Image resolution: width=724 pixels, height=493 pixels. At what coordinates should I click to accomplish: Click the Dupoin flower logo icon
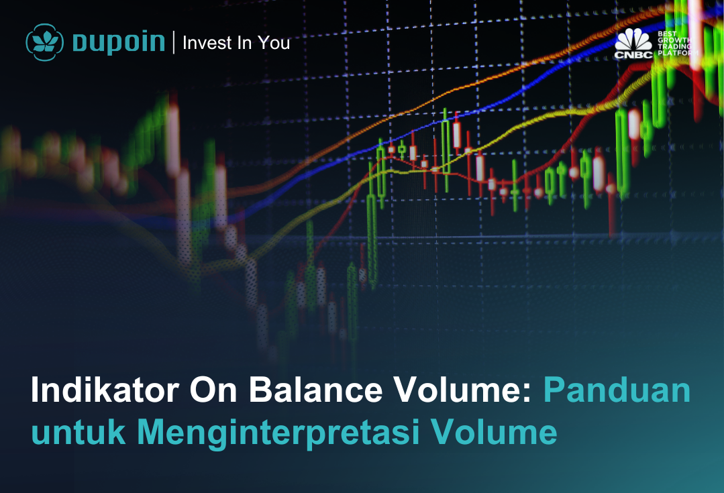[x=44, y=42]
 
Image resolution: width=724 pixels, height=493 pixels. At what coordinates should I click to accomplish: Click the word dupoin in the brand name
[x=119, y=42]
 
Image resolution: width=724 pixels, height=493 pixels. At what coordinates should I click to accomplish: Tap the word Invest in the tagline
[x=207, y=42]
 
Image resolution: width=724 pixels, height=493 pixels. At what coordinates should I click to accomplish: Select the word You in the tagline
[x=274, y=42]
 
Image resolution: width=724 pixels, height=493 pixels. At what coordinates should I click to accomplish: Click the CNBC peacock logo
[x=633, y=43]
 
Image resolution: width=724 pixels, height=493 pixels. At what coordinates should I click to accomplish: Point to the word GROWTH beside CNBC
[x=675, y=40]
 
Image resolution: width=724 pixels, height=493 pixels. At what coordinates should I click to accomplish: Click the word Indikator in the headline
[x=105, y=390]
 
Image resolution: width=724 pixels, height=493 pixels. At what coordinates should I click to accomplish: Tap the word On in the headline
[x=213, y=390]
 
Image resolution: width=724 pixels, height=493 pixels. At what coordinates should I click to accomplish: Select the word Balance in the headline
[x=316, y=390]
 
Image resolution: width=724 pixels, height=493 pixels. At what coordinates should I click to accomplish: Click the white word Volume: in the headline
[x=463, y=390]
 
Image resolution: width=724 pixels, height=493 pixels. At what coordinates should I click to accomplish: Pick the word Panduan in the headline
[x=617, y=390]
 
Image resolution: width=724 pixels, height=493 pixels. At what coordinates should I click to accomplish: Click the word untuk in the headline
[x=78, y=432]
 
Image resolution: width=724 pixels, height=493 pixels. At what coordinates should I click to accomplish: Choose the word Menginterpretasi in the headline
[x=278, y=433]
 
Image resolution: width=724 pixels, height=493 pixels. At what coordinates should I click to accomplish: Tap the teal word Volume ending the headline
[x=494, y=432]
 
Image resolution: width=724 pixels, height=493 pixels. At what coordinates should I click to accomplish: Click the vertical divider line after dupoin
[x=174, y=42]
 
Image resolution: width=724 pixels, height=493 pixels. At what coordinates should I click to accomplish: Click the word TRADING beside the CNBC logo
[x=675, y=47]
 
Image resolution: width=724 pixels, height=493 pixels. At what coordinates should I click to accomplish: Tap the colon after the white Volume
[x=528, y=394]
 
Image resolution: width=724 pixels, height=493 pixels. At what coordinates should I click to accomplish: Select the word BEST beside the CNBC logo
[x=667, y=34]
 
